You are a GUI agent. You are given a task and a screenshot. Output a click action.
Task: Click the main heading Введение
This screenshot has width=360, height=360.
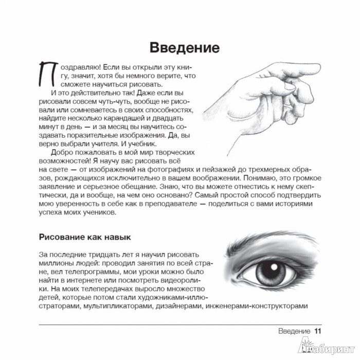[184, 48]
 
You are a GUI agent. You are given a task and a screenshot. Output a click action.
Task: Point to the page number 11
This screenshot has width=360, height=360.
[318, 331]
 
